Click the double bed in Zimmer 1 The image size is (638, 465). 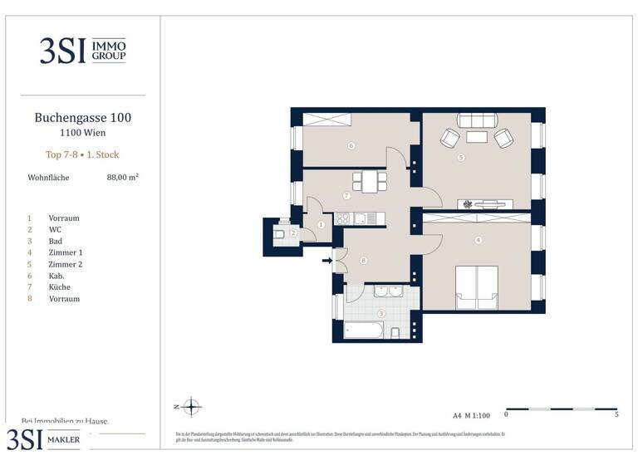[477, 286]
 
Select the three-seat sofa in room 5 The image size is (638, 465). [477, 119]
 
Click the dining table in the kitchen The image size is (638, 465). [367, 180]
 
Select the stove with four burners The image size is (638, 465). [342, 218]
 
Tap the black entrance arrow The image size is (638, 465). [327, 261]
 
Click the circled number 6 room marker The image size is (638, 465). [352, 146]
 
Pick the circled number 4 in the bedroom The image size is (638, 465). [478, 241]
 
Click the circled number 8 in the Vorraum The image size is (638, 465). [364, 260]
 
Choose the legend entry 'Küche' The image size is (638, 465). [60, 286]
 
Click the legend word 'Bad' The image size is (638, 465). [56, 241]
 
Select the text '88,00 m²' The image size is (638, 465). [122, 177]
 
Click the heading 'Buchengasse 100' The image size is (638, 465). [82, 118]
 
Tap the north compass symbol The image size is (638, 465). [192, 407]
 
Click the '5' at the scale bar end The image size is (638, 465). [616, 414]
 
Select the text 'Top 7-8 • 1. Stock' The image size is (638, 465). [82, 154]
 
